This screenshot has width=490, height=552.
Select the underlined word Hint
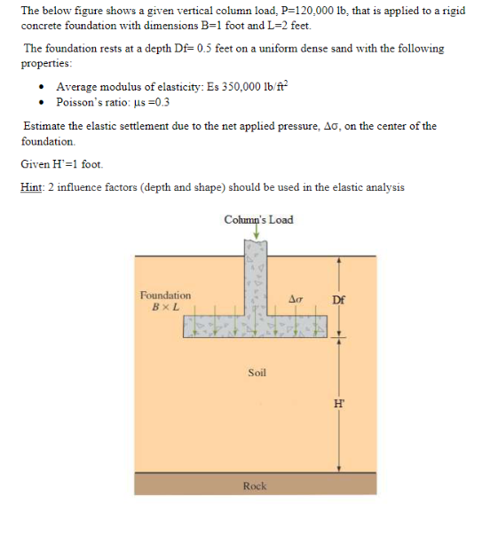(31, 187)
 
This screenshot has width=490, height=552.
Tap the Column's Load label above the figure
(258, 219)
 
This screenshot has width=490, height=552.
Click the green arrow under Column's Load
(257, 233)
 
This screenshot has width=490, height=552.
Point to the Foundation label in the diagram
(165, 296)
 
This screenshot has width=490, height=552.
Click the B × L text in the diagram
(166, 306)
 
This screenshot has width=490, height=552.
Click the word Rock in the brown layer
(255, 485)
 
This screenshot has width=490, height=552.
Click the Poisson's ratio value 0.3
(161, 101)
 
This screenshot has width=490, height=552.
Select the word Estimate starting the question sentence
(44, 126)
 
